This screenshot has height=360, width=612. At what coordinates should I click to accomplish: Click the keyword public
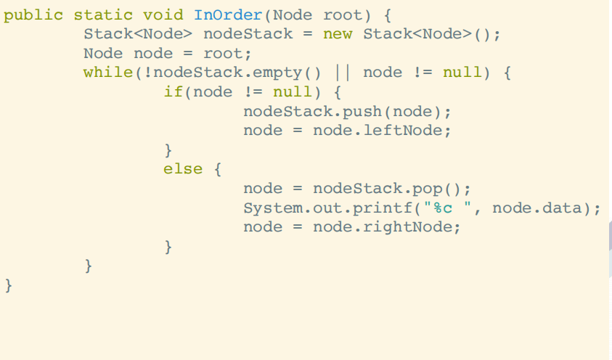33,15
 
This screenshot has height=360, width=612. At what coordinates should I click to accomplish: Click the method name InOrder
227,15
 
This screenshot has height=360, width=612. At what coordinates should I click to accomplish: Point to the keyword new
338,34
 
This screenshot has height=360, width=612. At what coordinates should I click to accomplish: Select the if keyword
173,92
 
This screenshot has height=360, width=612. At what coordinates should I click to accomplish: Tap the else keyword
183,169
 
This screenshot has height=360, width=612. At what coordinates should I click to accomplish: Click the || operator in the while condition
342,73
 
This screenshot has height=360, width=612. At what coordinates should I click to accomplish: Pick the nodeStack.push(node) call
347,112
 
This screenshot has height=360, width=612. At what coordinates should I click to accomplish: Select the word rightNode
422,227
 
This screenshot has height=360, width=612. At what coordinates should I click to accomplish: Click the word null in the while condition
462,73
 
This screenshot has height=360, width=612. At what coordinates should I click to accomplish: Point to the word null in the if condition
292,92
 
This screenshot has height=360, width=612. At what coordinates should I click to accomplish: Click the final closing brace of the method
9,285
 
